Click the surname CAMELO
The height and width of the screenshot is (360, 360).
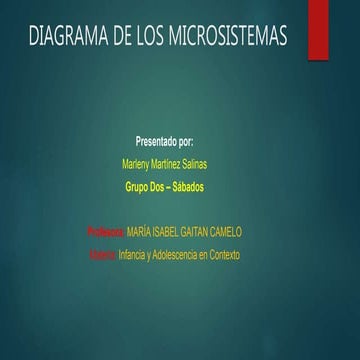pyautogui.click(x=241, y=231)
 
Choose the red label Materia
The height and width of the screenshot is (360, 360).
pyautogui.click(x=101, y=255)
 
